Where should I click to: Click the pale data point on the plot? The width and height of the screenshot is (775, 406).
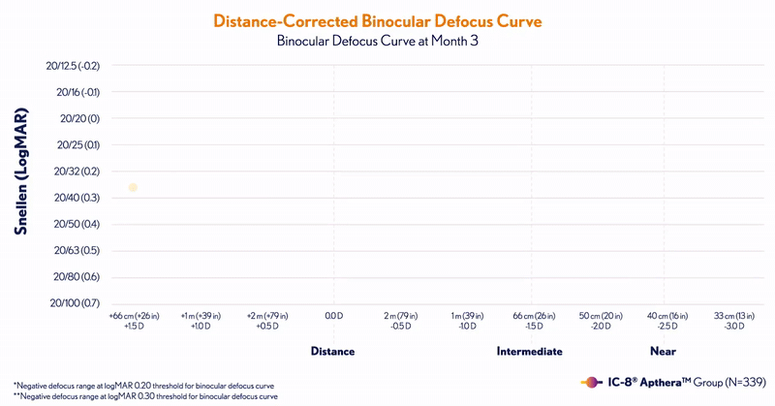[133, 187]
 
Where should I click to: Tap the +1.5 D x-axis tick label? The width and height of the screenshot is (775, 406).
[134, 327]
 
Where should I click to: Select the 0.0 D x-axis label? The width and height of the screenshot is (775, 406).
[333, 316]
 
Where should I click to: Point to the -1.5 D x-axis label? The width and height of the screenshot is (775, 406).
[532, 327]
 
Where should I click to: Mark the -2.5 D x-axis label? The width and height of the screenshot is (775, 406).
[664, 327]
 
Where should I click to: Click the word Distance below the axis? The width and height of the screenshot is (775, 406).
[332, 351]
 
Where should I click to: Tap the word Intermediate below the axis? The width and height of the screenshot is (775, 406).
[530, 351]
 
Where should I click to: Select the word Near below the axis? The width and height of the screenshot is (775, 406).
[663, 351]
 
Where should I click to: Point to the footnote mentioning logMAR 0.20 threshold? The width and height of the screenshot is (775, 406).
[145, 385]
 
